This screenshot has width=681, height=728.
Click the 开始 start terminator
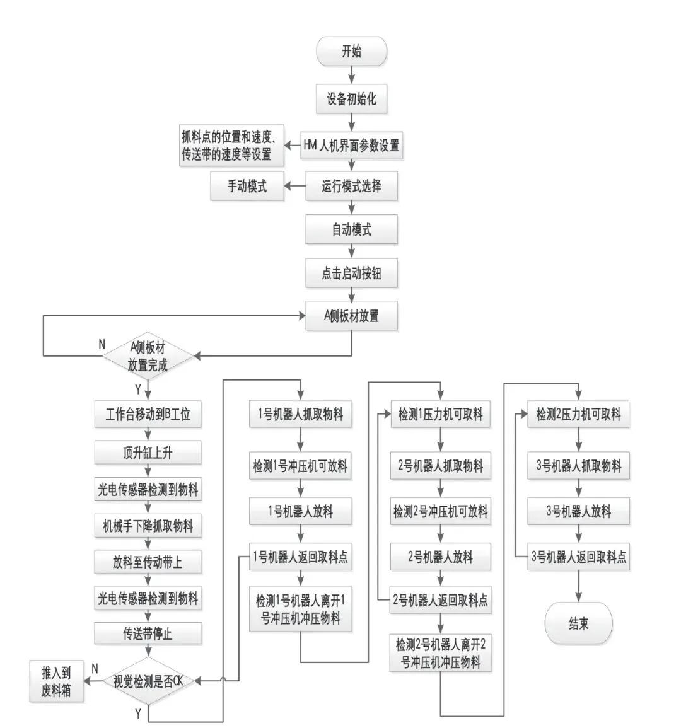[x=351, y=51]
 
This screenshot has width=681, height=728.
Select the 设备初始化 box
[x=351, y=99]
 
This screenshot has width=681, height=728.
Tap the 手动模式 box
[x=247, y=186]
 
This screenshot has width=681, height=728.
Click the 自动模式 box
[x=351, y=229]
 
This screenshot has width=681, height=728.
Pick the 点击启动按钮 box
[x=351, y=274]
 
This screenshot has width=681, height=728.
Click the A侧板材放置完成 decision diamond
[x=148, y=356]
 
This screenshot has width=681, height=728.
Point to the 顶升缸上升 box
[x=148, y=453]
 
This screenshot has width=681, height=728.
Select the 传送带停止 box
[x=148, y=633]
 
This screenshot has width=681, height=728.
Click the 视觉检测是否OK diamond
[x=148, y=681]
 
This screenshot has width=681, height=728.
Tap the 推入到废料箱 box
[x=57, y=681]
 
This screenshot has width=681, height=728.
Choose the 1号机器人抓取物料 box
[x=300, y=414]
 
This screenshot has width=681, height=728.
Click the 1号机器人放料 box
[x=300, y=511]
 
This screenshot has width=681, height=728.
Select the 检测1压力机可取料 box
[x=440, y=414]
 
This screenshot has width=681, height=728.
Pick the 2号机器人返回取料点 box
[x=440, y=600]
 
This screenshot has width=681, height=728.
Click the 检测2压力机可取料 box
[x=578, y=414]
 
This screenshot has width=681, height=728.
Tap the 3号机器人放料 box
[x=578, y=511]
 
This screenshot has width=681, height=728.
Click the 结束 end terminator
[x=578, y=623]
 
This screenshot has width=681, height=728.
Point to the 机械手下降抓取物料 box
[x=148, y=526]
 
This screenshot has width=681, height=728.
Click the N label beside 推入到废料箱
[x=95, y=668]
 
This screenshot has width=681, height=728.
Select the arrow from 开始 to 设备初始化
[x=351, y=75]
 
